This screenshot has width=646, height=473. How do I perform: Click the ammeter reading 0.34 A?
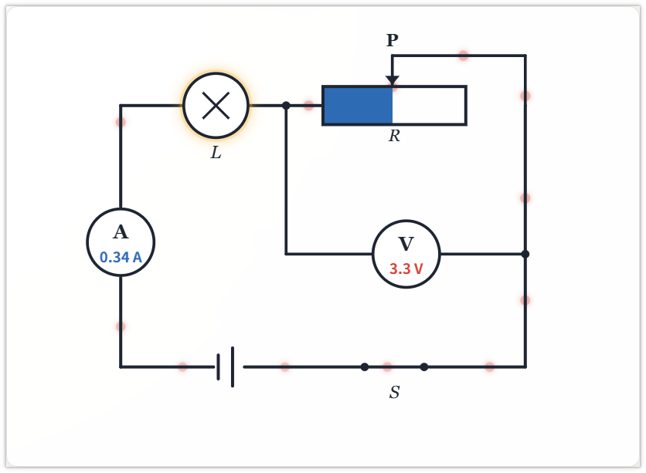click(121, 257)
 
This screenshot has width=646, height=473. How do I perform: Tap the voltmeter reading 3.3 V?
click(406, 269)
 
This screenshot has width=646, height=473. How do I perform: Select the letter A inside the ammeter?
click(121, 231)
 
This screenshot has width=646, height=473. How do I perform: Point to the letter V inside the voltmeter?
click(406, 244)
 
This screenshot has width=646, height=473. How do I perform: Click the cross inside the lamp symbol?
click(216, 106)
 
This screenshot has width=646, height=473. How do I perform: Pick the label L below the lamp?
click(216, 153)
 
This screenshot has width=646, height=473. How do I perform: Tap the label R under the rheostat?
click(394, 135)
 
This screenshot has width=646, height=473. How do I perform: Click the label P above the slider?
click(393, 40)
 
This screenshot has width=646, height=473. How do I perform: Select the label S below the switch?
click(394, 392)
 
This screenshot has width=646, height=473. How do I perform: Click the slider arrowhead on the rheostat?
click(393, 80)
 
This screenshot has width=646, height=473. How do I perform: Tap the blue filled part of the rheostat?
click(358, 105)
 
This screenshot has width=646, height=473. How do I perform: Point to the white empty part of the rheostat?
click(428, 105)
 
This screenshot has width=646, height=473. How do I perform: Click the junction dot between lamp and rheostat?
click(287, 106)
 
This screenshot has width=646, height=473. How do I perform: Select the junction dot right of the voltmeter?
click(525, 254)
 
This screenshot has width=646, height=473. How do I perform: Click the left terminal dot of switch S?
click(365, 367)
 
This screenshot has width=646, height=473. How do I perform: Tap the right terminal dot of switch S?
click(424, 367)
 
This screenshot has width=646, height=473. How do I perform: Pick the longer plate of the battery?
click(233, 367)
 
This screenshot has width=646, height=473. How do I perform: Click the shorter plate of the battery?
click(219, 367)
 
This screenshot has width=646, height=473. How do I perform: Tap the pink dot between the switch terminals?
click(387, 367)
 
